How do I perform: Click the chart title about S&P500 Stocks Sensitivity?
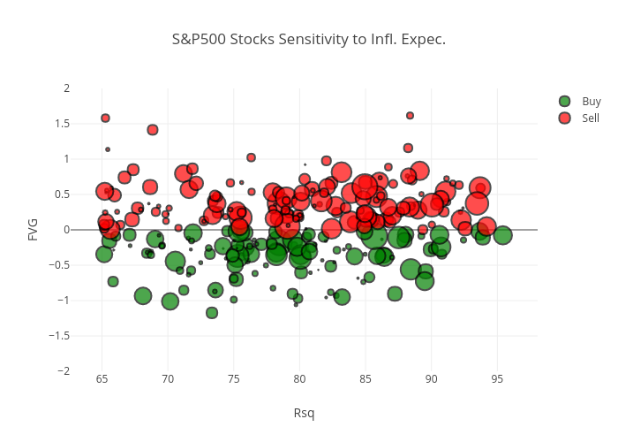point(308,40)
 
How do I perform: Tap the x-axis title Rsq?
point(304,413)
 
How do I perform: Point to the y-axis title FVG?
point(34,230)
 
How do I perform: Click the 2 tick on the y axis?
point(67,88)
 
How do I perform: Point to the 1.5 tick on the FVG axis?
point(63,124)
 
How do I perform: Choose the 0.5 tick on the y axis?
point(63,194)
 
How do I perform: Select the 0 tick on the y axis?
point(67,230)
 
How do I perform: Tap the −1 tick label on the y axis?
point(64,301)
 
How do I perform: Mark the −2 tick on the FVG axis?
point(64,371)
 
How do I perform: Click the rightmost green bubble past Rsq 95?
point(503,235)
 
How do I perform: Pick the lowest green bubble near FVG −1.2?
point(212,313)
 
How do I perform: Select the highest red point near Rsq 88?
point(410,116)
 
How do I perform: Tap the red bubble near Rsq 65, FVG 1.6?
point(105,118)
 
